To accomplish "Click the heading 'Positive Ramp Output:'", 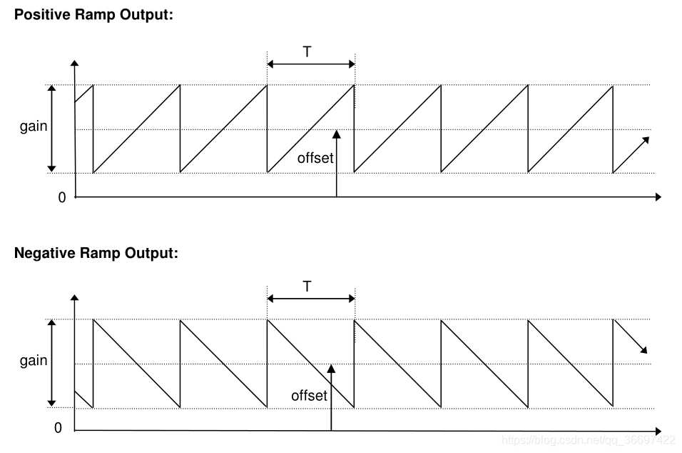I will tap(93, 16).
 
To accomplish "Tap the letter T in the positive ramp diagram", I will tap(307, 51).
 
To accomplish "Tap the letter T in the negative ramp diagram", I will tap(307, 287).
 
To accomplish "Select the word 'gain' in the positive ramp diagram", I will tap(34, 126).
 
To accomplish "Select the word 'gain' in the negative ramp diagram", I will tap(34, 361).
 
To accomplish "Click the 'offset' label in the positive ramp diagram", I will tap(315, 158).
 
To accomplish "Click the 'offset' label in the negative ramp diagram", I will tap(309, 395).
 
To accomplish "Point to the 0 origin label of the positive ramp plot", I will tap(62, 197).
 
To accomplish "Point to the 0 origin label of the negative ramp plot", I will tap(58, 428).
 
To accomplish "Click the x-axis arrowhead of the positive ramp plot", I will tap(658, 196).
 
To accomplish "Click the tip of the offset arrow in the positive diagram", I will tap(336, 133).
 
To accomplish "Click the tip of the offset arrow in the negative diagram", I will tap(331, 367).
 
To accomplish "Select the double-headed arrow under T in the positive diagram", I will tap(310, 64).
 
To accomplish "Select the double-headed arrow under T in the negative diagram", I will tap(310, 299).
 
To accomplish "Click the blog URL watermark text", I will tap(589, 439).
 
